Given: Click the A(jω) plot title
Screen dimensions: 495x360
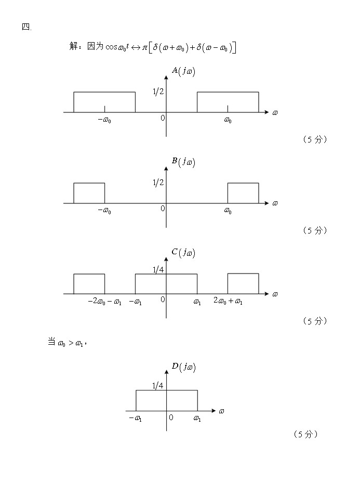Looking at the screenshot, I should (183, 71).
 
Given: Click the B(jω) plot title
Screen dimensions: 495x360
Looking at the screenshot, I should (183, 162).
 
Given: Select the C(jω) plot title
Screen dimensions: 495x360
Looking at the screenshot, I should (183, 253).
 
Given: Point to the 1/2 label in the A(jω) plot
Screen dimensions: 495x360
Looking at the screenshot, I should (158, 92).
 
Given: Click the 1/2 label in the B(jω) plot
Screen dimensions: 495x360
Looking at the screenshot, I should (158, 183).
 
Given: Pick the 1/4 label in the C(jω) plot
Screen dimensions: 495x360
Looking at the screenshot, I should (158, 269).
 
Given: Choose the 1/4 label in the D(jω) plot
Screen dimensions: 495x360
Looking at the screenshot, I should (158, 385).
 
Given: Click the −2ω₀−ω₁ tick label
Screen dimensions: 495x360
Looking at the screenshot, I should (104, 302).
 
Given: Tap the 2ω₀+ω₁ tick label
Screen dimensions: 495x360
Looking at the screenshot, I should (228, 301).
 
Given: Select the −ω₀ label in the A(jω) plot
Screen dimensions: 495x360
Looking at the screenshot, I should (104, 121).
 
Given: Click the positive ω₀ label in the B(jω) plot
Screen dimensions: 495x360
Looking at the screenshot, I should (228, 211).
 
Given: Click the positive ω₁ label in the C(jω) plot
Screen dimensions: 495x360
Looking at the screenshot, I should (197, 302).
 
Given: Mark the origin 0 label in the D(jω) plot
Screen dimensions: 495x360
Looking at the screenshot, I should (171, 418).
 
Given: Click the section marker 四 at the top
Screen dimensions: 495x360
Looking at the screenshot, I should (26, 27).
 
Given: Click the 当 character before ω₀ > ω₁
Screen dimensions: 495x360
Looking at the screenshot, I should (51, 342).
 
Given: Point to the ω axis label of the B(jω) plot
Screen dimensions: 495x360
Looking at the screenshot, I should (275, 203).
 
